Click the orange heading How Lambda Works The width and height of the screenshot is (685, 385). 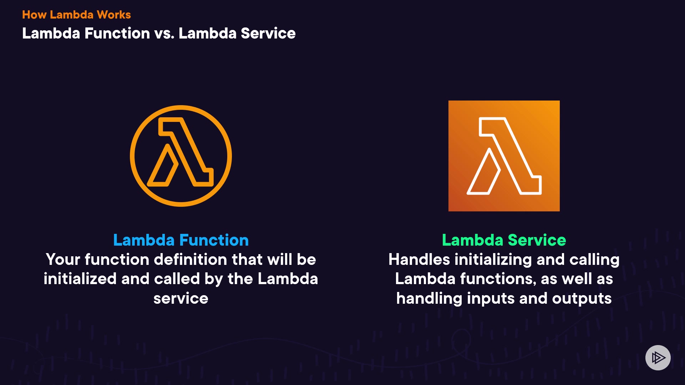coord(76,15)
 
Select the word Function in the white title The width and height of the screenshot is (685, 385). coord(117,34)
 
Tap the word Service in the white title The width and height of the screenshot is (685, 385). coord(268,34)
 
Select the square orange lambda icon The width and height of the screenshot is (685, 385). coord(504,156)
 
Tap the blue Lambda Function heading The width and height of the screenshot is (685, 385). coord(181,240)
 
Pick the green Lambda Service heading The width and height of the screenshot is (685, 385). coord(504,240)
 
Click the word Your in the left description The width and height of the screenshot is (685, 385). coord(63,260)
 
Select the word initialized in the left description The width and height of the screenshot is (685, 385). coord(80,279)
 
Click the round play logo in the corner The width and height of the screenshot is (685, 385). coord(658,358)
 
